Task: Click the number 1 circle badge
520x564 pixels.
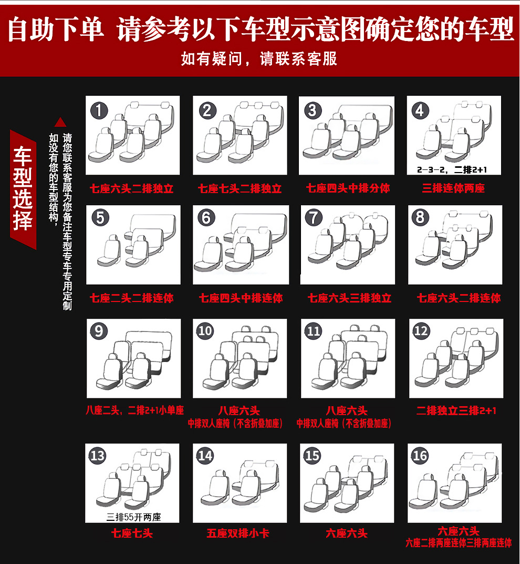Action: (x=99, y=110)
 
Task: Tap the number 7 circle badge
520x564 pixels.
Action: (x=314, y=218)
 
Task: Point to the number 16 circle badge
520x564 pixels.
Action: (x=420, y=456)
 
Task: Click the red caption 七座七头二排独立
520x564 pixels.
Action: (x=240, y=188)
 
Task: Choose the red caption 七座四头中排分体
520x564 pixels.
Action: (x=348, y=188)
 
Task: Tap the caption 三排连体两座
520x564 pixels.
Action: (x=453, y=188)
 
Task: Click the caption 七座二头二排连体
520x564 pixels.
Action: (x=132, y=298)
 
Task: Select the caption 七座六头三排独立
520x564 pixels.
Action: (x=349, y=298)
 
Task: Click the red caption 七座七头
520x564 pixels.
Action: (x=132, y=533)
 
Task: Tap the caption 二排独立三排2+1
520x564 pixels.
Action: (x=456, y=410)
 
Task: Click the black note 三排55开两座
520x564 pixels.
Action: (x=133, y=517)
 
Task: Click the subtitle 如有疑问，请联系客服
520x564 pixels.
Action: (x=259, y=58)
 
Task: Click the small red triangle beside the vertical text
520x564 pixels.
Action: (x=60, y=123)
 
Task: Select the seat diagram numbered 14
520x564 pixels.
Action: (x=240, y=483)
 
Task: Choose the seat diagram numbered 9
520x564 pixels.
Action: (x=133, y=358)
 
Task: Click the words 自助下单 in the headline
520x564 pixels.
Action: (x=56, y=29)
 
